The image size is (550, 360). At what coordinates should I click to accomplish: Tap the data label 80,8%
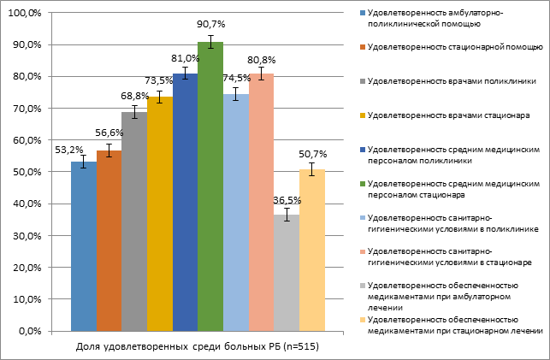click(262, 61)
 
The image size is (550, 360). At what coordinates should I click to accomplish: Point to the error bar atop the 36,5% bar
click(287, 215)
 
